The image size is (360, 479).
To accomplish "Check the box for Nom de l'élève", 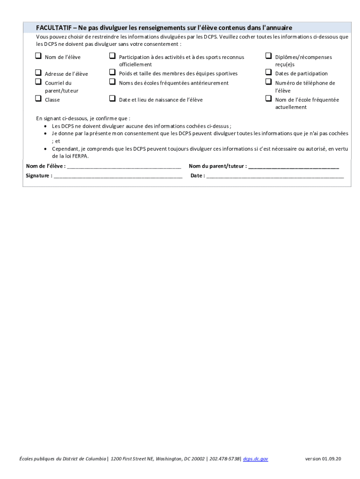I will click(38, 56).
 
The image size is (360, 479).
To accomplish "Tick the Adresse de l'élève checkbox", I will click(38, 73).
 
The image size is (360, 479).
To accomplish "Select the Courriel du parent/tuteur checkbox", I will click(38, 82).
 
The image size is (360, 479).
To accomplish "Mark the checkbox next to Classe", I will click(38, 99).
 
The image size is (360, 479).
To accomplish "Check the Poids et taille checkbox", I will click(112, 73).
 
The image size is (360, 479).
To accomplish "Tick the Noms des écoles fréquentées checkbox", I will click(112, 82).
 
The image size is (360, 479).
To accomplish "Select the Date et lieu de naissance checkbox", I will click(112, 99).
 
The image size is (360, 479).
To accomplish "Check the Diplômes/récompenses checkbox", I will click(268, 56).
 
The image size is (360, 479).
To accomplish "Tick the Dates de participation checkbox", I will click(268, 73).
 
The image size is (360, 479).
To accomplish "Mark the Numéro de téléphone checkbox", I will click(268, 82).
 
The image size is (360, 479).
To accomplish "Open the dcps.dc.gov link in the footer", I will click(256, 459).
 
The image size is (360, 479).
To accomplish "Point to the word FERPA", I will click(79, 156).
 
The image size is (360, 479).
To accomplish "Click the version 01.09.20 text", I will click(323, 459).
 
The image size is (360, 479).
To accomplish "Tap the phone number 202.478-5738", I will click(224, 459).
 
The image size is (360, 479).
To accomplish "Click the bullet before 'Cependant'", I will click(45, 149).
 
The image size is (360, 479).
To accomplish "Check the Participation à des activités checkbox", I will click(112, 56).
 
